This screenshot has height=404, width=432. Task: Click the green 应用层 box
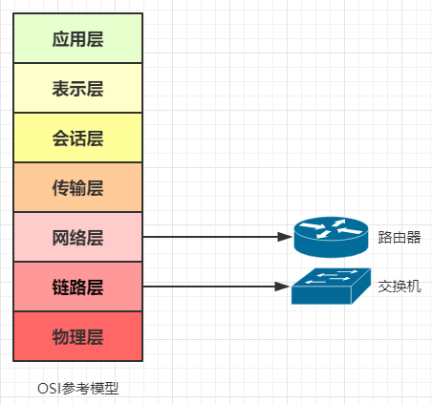77,38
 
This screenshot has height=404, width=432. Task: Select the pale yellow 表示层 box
77,88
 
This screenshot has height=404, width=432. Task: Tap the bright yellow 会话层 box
77,138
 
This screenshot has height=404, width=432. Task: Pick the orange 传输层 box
77,187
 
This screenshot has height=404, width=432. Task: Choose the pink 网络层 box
77,237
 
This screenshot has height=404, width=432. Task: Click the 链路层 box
77,287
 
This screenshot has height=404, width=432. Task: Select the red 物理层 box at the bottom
77,336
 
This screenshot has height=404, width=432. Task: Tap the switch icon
330,285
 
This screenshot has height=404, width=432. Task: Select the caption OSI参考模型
77,389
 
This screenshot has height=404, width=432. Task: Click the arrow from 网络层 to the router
215,237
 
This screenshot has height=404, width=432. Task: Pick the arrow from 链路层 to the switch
215,286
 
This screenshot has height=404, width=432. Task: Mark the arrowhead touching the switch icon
282,286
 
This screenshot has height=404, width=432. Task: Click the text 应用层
77,38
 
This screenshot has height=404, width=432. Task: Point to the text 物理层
77,336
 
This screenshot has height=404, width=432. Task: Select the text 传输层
77,187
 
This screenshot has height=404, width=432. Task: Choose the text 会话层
77,138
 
